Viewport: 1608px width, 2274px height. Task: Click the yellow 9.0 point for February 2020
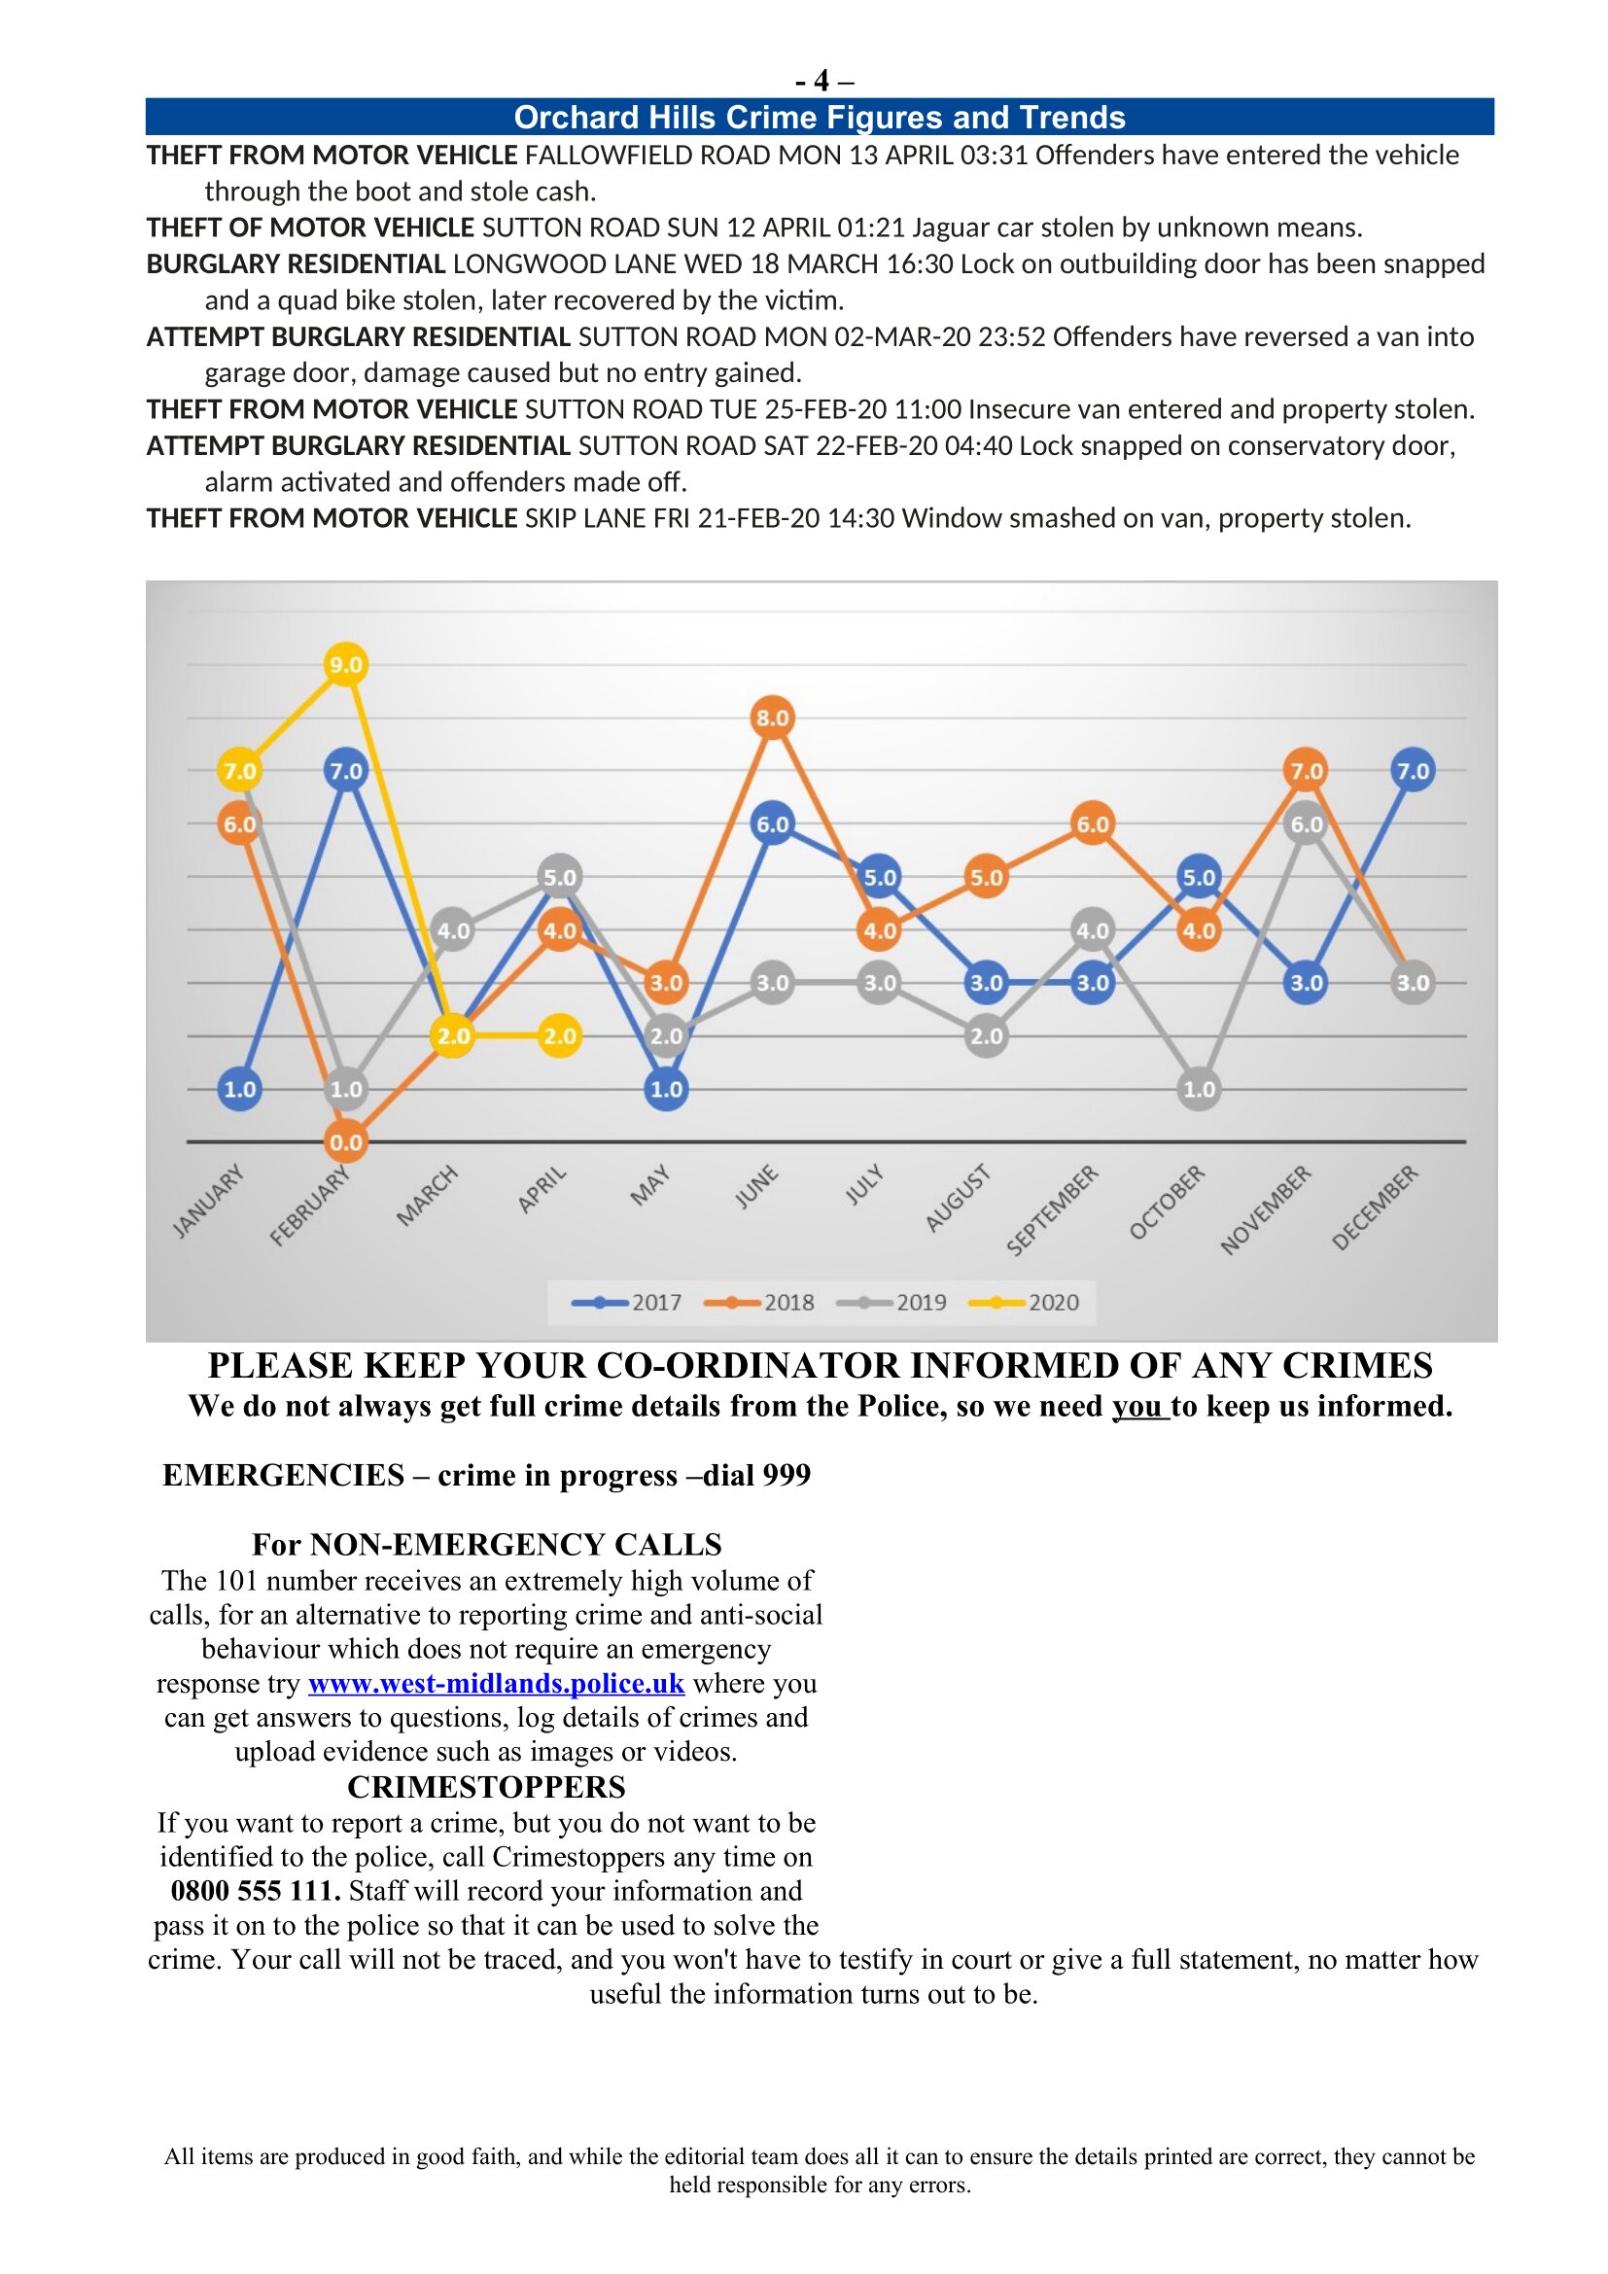point(345,665)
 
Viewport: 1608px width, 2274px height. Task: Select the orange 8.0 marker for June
point(772,718)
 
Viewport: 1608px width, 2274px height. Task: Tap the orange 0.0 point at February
point(345,1142)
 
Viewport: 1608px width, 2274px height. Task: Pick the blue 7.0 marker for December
point(1412,771)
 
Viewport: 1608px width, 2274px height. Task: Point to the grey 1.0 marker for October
point(1199,1090)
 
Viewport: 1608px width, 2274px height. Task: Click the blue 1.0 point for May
point(666,1090)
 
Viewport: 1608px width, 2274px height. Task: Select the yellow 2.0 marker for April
point(559,1036)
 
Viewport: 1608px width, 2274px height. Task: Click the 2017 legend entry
point(628,1303)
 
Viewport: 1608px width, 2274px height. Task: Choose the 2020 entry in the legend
point(1025,1303)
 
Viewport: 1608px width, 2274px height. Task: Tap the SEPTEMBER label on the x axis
point(1053,1209)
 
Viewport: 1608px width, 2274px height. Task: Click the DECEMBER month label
point(1376,1207)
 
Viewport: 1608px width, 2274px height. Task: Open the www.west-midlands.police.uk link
point(496,1684)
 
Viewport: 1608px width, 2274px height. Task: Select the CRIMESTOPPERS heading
point(486,1787)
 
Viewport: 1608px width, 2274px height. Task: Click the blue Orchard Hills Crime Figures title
point(819,118)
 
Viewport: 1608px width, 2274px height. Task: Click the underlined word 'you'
point(1139,1407)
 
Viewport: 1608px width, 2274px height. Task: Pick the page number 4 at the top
point(821,81)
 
